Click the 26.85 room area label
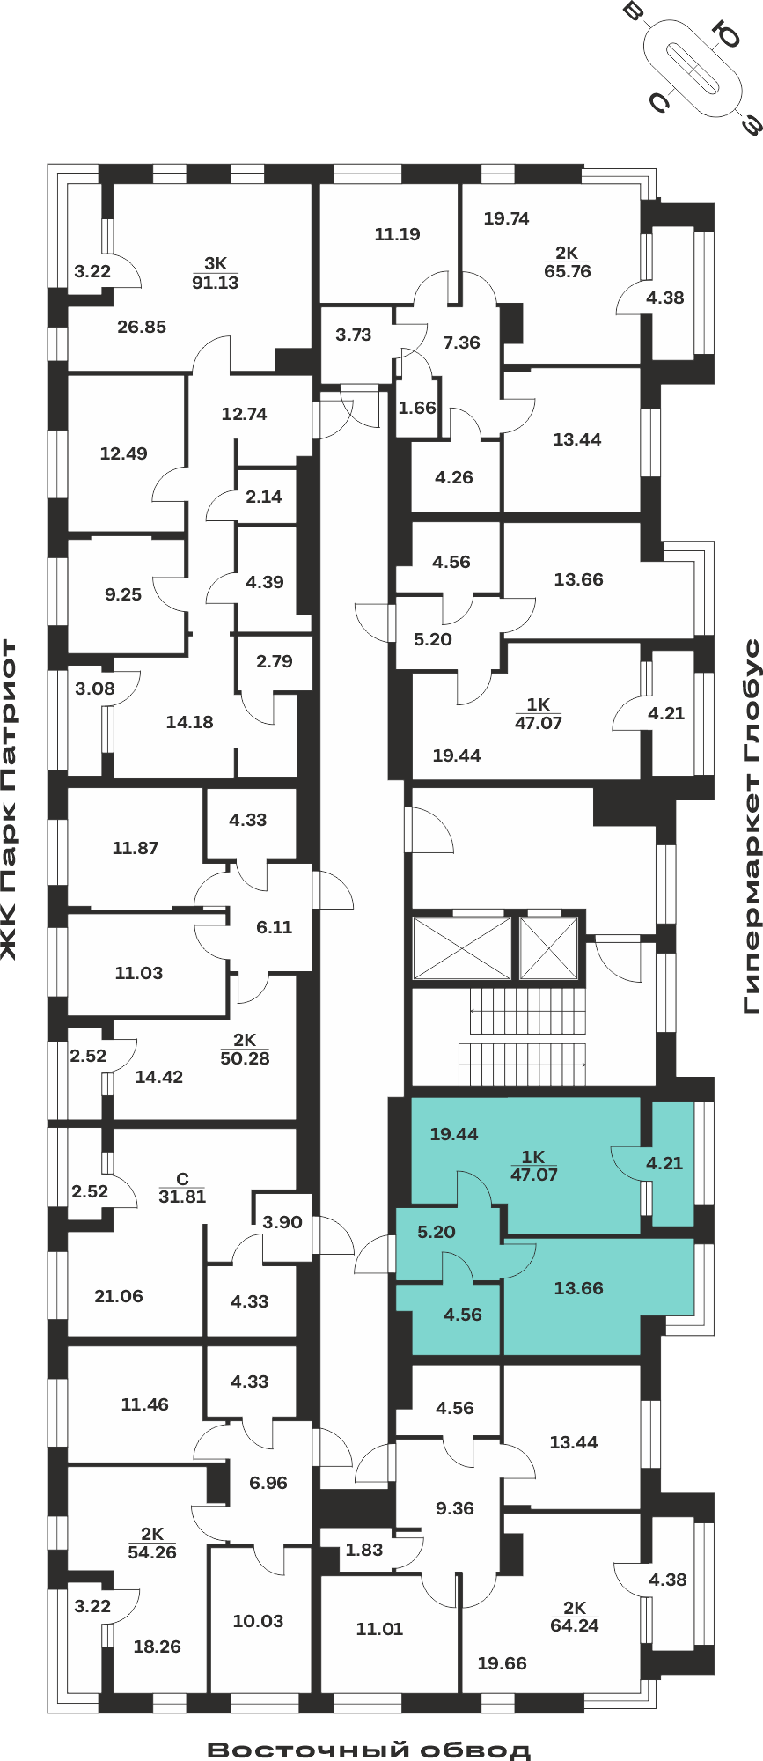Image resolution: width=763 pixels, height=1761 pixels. (142, 327)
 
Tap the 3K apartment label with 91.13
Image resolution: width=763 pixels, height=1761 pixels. (216, 273)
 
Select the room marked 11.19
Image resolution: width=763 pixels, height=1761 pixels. (397, 234)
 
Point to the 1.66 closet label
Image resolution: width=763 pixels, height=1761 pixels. (417, 408)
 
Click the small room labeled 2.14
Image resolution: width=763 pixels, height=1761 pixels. (264, 497)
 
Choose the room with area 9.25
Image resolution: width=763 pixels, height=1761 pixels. (123, 594)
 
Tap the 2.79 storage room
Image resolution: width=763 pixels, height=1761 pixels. (275, 661)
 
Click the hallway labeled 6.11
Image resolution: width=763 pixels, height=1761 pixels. (274, 927)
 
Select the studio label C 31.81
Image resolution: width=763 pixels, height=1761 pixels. (182, 1188)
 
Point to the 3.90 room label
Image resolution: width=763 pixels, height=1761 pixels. (282, 1222)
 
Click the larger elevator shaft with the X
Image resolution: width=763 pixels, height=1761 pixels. (462, 948)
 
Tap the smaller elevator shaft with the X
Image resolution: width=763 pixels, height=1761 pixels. (548, 948)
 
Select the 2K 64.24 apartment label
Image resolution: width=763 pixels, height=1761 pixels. (575, 1617)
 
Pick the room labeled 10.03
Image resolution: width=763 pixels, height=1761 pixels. (258, 1621)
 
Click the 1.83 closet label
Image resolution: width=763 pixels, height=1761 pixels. (364, 1550)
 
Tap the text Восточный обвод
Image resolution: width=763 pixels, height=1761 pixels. (370, 1750)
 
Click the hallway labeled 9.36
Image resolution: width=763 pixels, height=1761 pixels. (455, 1508)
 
